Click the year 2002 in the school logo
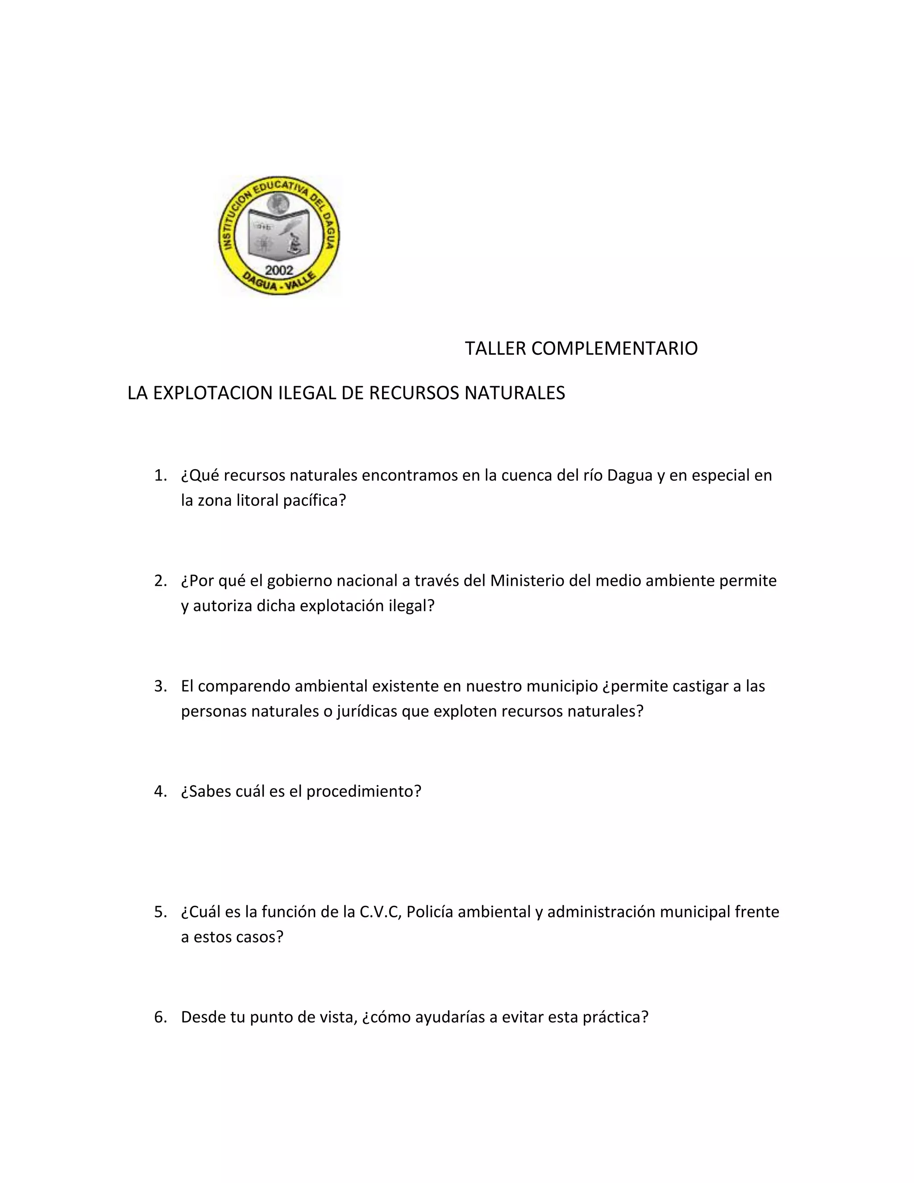279,270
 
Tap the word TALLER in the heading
495,348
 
